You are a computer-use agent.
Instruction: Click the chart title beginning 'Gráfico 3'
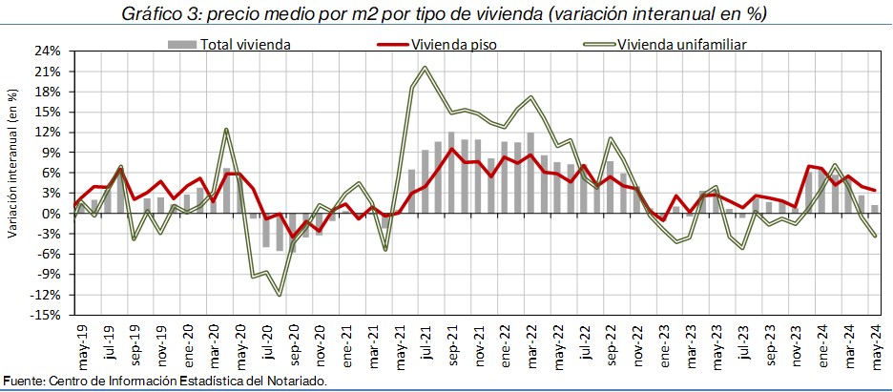tap(446, 14)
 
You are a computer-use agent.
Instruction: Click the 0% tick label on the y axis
tap(53, 213)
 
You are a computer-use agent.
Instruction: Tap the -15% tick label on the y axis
tap(48, 314)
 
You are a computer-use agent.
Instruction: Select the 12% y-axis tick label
tap(50, 132)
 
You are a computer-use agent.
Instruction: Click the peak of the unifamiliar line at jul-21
tap(425, 68)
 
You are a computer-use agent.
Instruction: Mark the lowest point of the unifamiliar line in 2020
tap(279, 295)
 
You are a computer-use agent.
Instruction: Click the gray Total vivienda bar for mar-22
tap(530, 173)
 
